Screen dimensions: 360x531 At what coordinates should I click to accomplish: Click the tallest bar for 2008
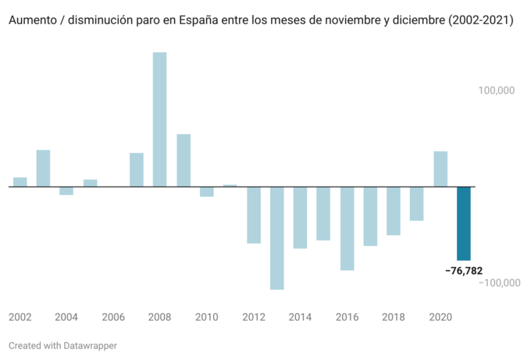[x=159, y=119]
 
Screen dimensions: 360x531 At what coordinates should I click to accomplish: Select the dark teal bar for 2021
[x=464, y=223]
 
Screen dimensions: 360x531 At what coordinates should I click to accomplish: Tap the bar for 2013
[x=276, y=238]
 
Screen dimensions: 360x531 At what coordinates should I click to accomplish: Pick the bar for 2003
[x=43, y=168]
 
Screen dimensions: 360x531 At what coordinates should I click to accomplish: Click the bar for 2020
[x=440, y=169]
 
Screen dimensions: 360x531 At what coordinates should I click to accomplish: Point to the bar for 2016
[x=347, y=228]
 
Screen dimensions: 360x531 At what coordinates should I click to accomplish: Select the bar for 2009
[x=184, y=160]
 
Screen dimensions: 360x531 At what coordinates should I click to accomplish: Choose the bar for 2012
[x=253, y=215]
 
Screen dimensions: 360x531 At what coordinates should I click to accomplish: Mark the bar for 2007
[x=137, y=169]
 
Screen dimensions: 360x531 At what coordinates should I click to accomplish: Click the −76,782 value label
[x=464, y=271]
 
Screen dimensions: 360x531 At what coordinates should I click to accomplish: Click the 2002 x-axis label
[x=20, y=317]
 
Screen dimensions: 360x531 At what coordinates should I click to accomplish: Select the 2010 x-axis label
[x=207, y=317]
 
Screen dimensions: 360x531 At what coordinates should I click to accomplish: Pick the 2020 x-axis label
[x=440, y=317]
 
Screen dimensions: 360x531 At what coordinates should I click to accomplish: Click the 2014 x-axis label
[x=300, y=317]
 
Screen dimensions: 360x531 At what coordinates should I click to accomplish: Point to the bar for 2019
[x=417, y=204]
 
